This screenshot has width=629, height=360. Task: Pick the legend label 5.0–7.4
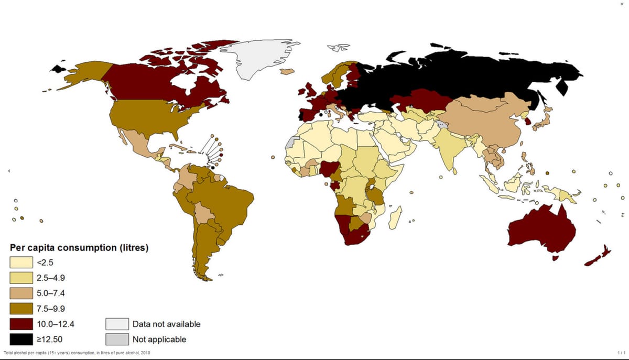(51, 293)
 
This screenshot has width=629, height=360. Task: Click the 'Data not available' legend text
(166, 324)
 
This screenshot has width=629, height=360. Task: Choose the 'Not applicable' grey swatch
(117, 339)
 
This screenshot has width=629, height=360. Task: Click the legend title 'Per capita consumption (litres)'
(79, 247)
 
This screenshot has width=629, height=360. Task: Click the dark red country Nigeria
(329, 169)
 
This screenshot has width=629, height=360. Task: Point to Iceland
(287, 71)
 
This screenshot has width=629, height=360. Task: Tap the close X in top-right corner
(622, 4)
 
